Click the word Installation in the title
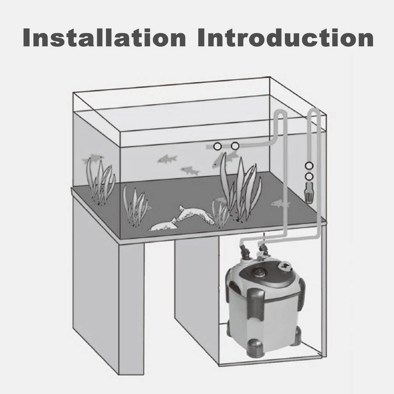(104, 38)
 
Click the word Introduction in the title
(285, 38)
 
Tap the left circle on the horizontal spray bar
(217, 146)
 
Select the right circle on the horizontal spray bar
(235, 146)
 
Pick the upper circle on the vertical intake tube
(309, 166)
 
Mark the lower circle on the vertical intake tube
(309, 177)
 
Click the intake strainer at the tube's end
(309, 193)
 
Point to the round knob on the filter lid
(285, 266)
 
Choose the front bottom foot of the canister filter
(256, 348)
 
